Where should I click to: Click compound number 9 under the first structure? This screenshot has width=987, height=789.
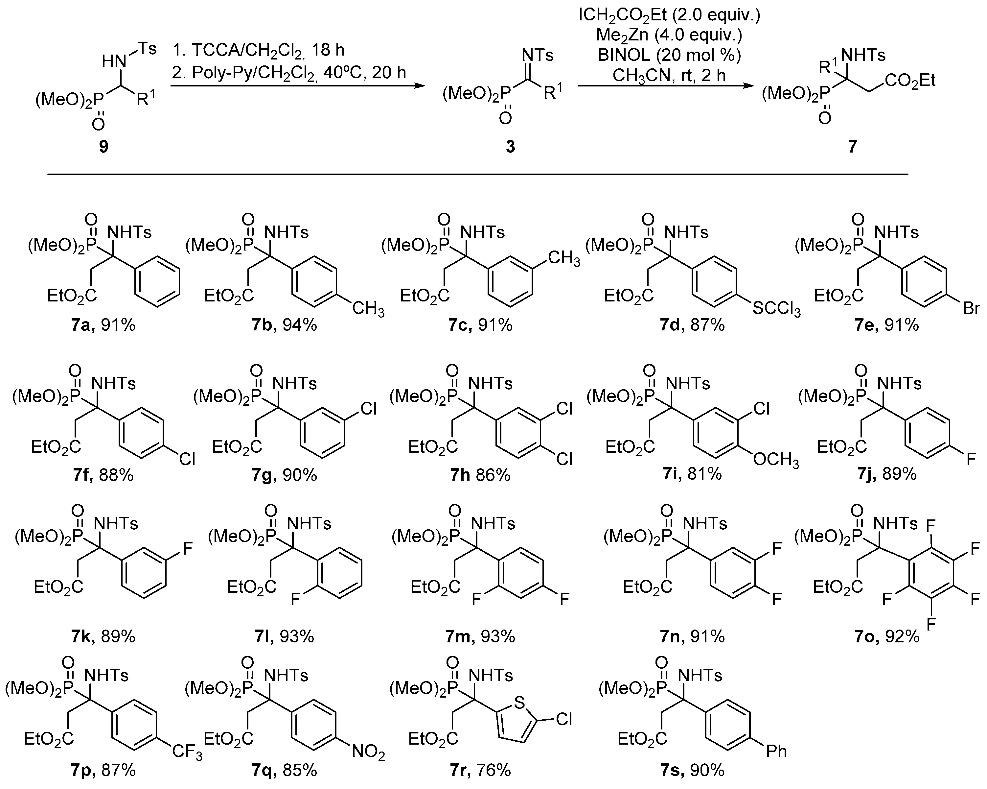[103, 147]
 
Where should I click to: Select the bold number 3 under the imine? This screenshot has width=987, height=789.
[510, 147]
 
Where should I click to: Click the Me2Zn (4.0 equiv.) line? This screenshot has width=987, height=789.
[669, 35]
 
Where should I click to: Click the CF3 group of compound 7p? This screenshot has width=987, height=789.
[187, 753]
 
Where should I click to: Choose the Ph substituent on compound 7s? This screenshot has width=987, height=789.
[776, 752]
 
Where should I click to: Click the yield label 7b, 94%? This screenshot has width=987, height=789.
[284, 325]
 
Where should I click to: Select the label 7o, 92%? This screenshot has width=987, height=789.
[887, 636]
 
